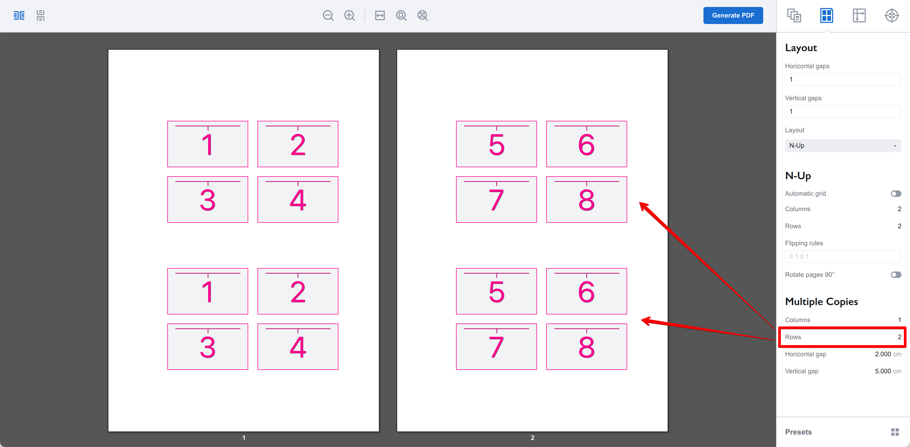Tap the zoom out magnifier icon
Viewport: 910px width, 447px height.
coord(328,15)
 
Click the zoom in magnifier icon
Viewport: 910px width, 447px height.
coord(349,15)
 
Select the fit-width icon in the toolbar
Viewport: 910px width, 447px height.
coord(380,15)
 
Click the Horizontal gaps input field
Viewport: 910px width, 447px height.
coord(842,79)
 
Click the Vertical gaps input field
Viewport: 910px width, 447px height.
coord(842,111)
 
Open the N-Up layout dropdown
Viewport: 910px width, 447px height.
coord(842,145)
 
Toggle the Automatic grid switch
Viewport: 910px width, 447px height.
coord(896,193)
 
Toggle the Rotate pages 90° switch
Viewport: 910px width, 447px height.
coord(896,275)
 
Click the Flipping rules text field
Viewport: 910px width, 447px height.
coord(842,257)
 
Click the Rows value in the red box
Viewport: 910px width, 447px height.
coord(899,337)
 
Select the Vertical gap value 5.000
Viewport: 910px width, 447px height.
coord(883,371)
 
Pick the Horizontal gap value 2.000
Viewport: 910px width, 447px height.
coord(883,354)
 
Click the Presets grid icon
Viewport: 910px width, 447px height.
coord(895,432)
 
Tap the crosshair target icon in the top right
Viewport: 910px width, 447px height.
coord(891,15)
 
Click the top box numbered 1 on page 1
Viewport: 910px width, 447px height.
coord(208,144)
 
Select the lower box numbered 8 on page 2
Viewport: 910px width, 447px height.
coord(586,347)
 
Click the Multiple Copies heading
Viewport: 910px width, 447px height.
coord(821,302)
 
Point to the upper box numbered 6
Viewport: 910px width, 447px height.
coord(586,144)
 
